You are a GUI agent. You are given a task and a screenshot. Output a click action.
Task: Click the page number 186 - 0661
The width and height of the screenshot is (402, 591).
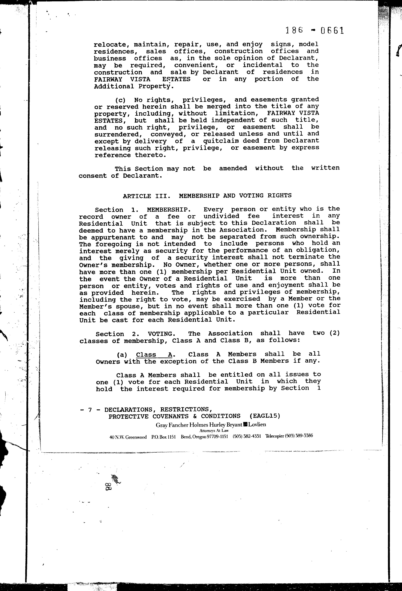(x=314, y=31)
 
